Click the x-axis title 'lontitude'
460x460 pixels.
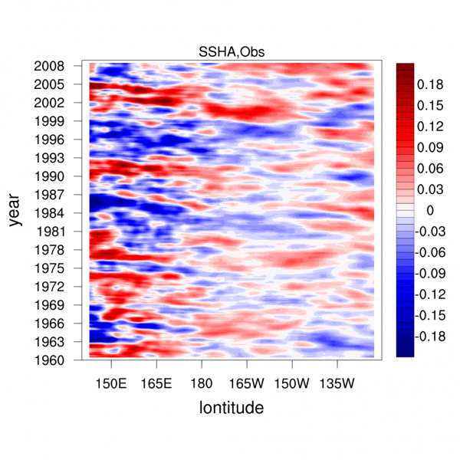(232, 408)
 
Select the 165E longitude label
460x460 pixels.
(156, 382)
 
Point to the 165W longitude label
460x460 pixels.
(246, 382)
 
